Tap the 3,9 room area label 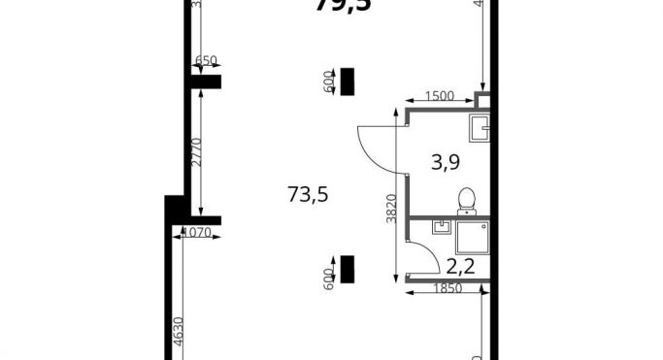tap(445, 162)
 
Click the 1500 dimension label tap(440, 96)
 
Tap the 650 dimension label tap(206, 61)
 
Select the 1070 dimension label tap(197, 232)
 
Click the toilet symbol tap(467, 200)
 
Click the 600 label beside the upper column tap(329, 84)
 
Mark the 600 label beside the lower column tap(329, 278)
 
